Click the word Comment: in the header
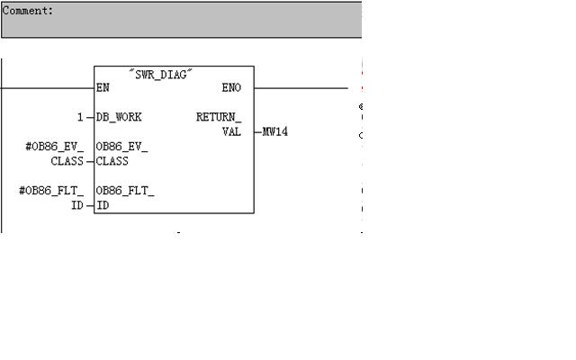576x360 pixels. tap(28, 11)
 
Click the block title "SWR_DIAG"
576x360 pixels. tap(163, 75)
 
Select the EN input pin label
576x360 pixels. tap(103, 88)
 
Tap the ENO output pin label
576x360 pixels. tap(231, 88)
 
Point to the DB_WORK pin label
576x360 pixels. tap(119, 117)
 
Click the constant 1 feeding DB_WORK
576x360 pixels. tap(80, 117)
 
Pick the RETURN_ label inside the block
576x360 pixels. tap(219, 117)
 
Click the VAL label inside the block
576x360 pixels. tap(231, 131)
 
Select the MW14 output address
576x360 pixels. tap(275, 132)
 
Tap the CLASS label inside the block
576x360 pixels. tap(112, 161)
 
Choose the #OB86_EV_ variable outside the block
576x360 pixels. tap(54, 147)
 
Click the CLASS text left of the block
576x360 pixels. tap(67, 161)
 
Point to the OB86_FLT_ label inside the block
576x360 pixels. tap(125, 191)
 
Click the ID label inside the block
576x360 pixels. tap(102, 205)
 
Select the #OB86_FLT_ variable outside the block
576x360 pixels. tap(51, 191)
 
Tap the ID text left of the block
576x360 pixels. tap(77, 205)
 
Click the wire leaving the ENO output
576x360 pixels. tap(306, 88)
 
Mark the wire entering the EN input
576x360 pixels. tap(45, 88)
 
